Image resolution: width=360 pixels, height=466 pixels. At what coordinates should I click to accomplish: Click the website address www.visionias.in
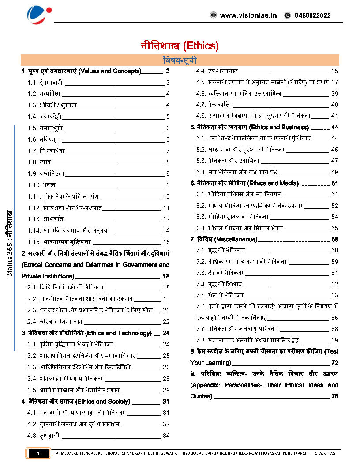coord(248,15)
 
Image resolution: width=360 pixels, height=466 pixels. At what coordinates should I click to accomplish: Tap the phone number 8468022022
coord(312,15)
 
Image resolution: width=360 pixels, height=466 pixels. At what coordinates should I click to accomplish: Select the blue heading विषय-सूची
coord(180,60)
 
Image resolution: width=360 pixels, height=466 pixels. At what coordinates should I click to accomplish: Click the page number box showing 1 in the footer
coord(39,453)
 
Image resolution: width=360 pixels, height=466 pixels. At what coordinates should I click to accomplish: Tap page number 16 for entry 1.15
coord(166,242)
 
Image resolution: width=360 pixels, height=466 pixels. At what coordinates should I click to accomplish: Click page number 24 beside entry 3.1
coord(166,344)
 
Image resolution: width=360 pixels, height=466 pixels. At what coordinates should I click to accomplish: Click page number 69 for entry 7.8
coord(334,340)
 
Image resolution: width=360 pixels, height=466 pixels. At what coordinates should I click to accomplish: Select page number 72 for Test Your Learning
coord(334,363)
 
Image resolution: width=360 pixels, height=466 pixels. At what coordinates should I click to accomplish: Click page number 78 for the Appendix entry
coord(334,396)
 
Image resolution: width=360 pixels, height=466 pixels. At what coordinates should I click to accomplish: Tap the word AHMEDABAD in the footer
coord(67,453)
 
